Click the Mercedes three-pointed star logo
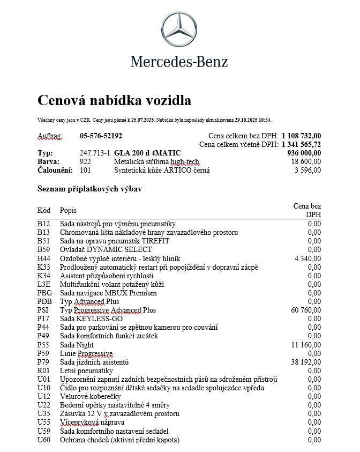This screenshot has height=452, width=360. point(179,31)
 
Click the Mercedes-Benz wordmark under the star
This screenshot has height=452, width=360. point(179,62)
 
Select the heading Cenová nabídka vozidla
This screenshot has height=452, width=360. point(114,100)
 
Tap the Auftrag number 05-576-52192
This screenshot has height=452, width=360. point(101,136)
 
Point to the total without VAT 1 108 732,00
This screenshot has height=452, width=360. point(301,136)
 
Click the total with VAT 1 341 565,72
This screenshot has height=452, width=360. point(301,144)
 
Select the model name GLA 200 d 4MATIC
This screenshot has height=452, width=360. point(147,153)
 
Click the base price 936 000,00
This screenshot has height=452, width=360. point(304,153)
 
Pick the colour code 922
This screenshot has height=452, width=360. point(85,161)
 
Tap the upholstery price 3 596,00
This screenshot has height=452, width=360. point(308,170)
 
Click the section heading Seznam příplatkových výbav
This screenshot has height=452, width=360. point(89,189)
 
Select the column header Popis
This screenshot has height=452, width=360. point(68,210)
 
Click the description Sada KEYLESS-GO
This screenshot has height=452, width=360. point(91,318)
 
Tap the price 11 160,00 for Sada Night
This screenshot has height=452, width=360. point(306,345)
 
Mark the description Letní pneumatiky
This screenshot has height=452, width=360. point(86,371)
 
